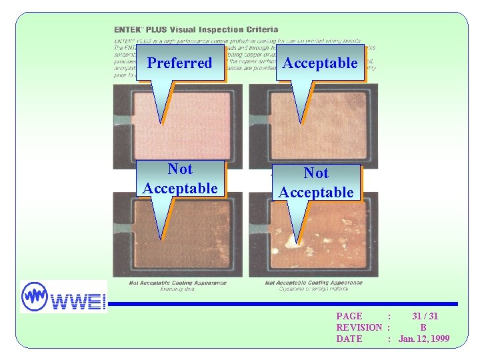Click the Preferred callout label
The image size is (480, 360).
tap(179, 63)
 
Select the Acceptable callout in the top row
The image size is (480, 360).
tap(320, 63)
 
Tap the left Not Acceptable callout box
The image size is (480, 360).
tap(179, 179)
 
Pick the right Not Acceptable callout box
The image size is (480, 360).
tap(316, 183)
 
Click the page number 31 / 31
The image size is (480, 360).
tap(425, 316)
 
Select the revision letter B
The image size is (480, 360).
tap(423, 327)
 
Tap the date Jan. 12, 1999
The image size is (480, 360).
tap(424, 339)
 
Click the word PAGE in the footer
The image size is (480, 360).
tap(349, 316)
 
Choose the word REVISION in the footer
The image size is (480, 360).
tap(359, 327)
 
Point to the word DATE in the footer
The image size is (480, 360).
tap(349, 339)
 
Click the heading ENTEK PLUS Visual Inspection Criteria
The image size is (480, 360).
tap(196, 30)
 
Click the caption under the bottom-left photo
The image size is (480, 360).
tap(178, 285)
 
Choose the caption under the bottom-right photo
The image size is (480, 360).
tap(313, 285)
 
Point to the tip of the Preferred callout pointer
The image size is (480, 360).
tap(160, 123)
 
